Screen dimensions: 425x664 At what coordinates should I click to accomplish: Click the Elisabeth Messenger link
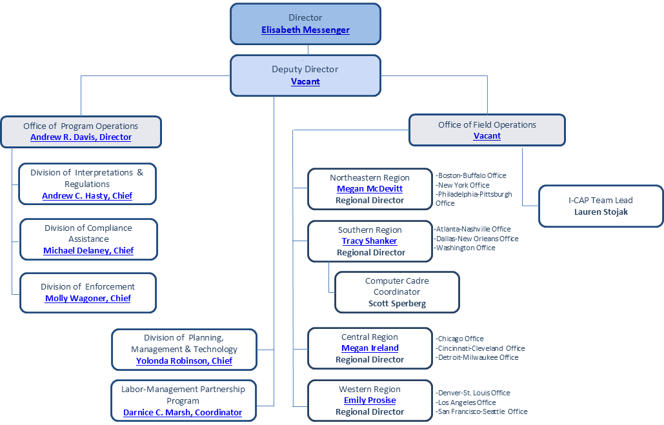[305, 30]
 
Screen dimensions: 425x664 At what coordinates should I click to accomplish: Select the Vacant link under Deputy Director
[305, 82]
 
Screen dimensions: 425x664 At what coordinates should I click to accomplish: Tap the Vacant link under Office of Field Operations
[487, 136]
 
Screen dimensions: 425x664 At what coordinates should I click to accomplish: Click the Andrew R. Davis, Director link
[81, 137]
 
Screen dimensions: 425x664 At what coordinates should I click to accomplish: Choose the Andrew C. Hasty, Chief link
[87, 196]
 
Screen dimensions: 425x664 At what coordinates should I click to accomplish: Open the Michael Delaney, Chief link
[88, 251]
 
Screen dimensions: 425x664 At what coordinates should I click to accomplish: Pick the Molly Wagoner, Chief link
[88, 299]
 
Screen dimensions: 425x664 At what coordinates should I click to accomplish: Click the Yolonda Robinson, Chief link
[184, 361]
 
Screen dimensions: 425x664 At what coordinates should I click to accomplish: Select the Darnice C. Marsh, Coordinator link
[183, 413]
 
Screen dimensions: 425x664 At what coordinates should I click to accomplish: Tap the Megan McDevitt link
[370, 189]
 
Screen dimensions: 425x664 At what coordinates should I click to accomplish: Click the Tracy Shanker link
[369, 241]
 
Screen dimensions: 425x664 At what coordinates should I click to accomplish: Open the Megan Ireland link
[370, 348]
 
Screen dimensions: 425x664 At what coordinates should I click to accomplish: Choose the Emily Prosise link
[370, 400]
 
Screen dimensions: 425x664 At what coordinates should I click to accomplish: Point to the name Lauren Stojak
[601, 212]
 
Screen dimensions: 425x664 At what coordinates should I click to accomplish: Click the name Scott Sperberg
[397, 304]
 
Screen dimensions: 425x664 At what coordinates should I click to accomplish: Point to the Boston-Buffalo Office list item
[471, 175]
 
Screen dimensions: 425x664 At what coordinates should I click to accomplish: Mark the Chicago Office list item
[460, 339]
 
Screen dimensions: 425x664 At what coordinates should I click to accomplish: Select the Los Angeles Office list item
[467, 402]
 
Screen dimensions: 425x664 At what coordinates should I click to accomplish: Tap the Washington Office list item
[465, 248]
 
